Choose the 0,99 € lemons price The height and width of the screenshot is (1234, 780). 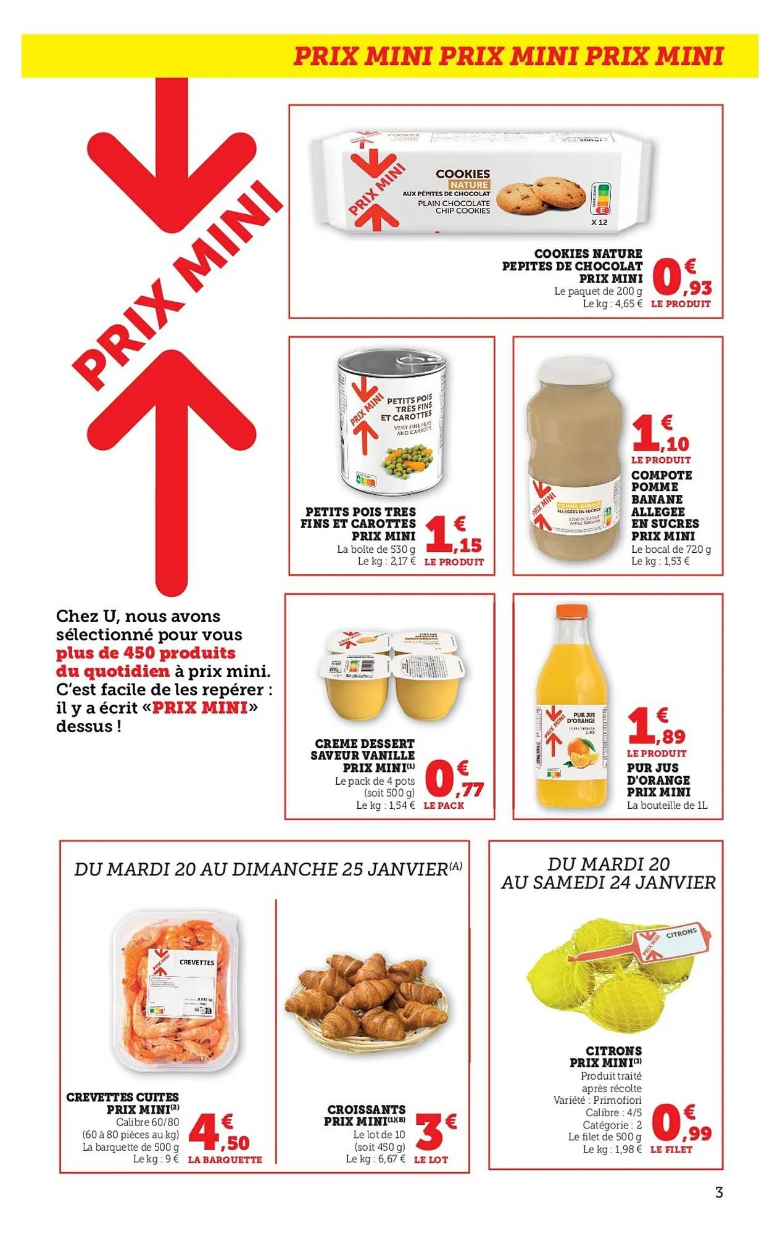tap(681, 1124)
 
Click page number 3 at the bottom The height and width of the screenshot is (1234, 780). tap(718, 1192)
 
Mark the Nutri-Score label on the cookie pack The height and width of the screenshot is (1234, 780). tap(603, 197)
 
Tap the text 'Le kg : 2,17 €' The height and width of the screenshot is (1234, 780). tap(386, 561)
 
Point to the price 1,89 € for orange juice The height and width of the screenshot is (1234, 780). tap(656, 727)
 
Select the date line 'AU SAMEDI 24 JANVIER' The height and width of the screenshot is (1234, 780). tap(608, 883)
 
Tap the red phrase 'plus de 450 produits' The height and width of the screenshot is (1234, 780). tap(146, 653)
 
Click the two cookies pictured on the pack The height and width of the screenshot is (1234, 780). tap(541, 194)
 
